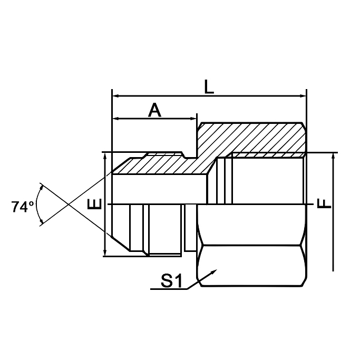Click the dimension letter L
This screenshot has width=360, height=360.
pyautogui.click(x=209, y=87)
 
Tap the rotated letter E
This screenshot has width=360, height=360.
pyautogui.click(x=94, y=204)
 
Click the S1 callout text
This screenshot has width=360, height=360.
pyautogui.click(x=171, y=280)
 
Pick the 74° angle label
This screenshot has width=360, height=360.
pyautogui.click(x=23, y=207)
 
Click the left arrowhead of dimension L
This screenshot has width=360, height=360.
pyautogui.click(x=115, y=96)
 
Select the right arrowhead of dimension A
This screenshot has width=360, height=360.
pyautogui.click(x=193, y=119)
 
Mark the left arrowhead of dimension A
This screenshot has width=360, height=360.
pyautogui.click(x=115, y=119)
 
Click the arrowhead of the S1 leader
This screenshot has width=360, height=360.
pyautogui.click(x=214, y=271)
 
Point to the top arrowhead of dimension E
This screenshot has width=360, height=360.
pyautogui.click(x=105, y=157)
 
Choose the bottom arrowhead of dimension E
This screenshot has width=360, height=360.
pyautogui.click(x=105, y=252)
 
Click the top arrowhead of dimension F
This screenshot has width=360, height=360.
pyautogui.click(x=333, y=157)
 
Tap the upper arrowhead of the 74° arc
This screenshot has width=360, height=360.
pyautogui.click(x=41, y=188)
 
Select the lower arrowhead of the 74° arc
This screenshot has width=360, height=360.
pyautogui.click(x=41, y=221)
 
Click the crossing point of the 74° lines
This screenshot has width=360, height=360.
pyautogui.click(x=69, y=205)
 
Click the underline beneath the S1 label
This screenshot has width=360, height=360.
pyautogui.click(x=169, y=289)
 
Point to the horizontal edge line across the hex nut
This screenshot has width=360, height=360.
pyautogui.click(x=251, y=245)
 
